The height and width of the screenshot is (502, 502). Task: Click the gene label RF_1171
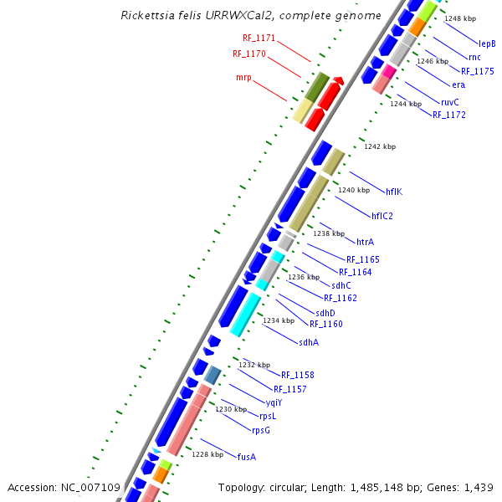(x=259, y=38)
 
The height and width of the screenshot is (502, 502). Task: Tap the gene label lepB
(x=487, y=44)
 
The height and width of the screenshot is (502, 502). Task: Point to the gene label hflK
(x=394, y=192)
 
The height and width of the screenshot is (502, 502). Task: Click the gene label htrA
(x=365, y=242)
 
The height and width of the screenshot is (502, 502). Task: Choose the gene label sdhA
(x=309, y=341)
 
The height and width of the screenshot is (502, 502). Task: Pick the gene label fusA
(x=246, y=457)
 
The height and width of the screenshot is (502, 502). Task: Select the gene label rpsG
(x=261, y=430)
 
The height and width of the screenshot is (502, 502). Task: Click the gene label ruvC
(x=449, y=102)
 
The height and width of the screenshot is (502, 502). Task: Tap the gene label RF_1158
(x=297, y=375)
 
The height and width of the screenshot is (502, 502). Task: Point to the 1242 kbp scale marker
(x=379, y=146)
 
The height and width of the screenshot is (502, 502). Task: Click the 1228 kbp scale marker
(x=207, y=454)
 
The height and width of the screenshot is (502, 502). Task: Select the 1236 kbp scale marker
(x=304, y=277)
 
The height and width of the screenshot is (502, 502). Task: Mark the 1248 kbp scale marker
(x=460, y=18)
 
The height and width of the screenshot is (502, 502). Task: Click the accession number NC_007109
(x=91, y=487)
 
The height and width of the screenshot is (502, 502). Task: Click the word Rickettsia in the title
(x=146, y=16)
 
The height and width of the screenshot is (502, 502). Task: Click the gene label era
(x=458, y=85)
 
